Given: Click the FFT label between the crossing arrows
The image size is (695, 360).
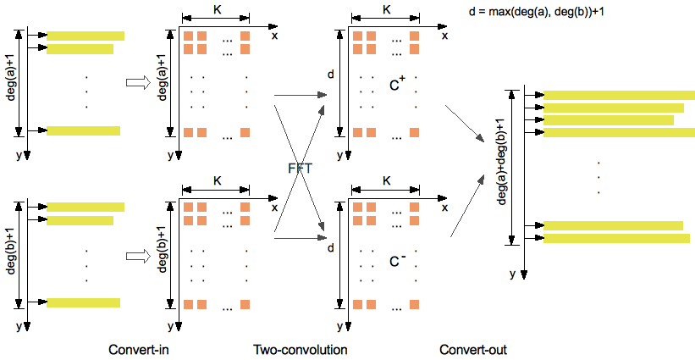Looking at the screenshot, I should (x=301, y=168).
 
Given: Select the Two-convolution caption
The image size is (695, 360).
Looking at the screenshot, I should (x=301, y=349).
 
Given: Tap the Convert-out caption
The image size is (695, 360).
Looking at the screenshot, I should (x=473, y=349).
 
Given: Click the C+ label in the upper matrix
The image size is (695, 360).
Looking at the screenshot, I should (x=397, y=84).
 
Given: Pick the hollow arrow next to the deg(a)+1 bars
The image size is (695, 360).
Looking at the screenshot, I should (x=136, y=82).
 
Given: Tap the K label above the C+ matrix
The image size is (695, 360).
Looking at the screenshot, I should (x=387, y=11).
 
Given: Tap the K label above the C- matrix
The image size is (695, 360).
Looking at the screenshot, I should (x=387, y=180).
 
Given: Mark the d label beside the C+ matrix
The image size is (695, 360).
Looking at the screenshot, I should (x=331, y=75).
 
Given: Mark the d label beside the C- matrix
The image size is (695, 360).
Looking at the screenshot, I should (x=331, y=248).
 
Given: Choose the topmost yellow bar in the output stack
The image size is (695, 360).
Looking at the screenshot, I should (x=619, y=95).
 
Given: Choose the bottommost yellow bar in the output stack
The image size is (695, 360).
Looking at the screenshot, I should (x=619, y=238).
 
